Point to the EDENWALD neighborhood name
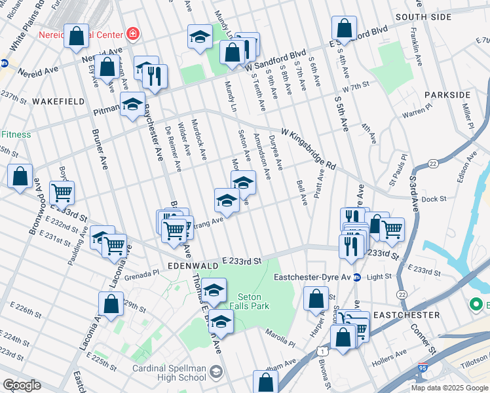click(x=191, y=267)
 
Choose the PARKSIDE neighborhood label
click(x=447, y=95)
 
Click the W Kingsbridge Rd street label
click(x=309, y=150)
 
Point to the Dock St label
click(x=434, y=198)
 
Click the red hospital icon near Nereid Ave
click(x=133, y=32)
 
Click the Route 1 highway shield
click(x=323, y=352)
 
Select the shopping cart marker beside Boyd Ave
click(x=62, y=192)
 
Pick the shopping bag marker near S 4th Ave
click(x=344, y=28)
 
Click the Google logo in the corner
click(x=22, y=385)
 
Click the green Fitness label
click(x=16, y=134)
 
